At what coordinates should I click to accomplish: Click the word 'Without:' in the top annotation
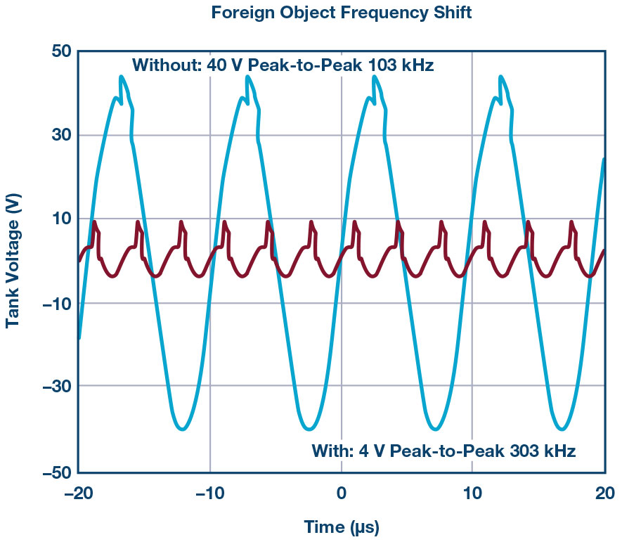point(167,66)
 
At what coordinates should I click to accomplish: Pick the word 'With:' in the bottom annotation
point(333,451)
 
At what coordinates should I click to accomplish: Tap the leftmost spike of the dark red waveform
point(94,222)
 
